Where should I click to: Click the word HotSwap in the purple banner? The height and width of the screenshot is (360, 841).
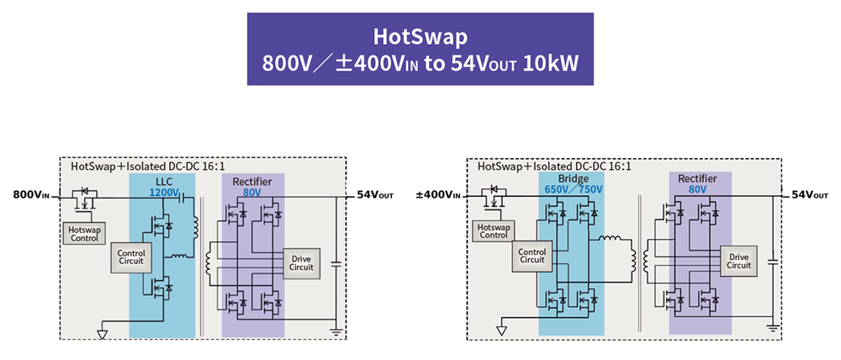[420, 37]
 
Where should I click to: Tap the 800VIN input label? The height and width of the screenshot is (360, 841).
[31, 194]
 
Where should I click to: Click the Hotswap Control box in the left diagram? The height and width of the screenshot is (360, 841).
[84, 233]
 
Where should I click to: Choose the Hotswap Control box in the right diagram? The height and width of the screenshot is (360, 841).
[492, 230]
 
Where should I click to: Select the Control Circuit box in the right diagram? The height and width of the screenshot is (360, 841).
[532, 256]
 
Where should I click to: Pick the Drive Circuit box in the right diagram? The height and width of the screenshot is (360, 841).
[738, 261]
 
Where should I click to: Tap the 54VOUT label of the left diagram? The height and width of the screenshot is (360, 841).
[375, 194]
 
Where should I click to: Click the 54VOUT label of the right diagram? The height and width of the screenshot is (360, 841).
[811, 194]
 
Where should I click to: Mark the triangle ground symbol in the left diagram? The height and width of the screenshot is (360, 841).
[102, 333]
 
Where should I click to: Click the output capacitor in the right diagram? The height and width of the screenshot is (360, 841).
[773, 262]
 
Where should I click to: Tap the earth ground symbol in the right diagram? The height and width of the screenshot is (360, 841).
[773, 328]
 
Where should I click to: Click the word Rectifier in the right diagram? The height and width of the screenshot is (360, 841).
[700, 179]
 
